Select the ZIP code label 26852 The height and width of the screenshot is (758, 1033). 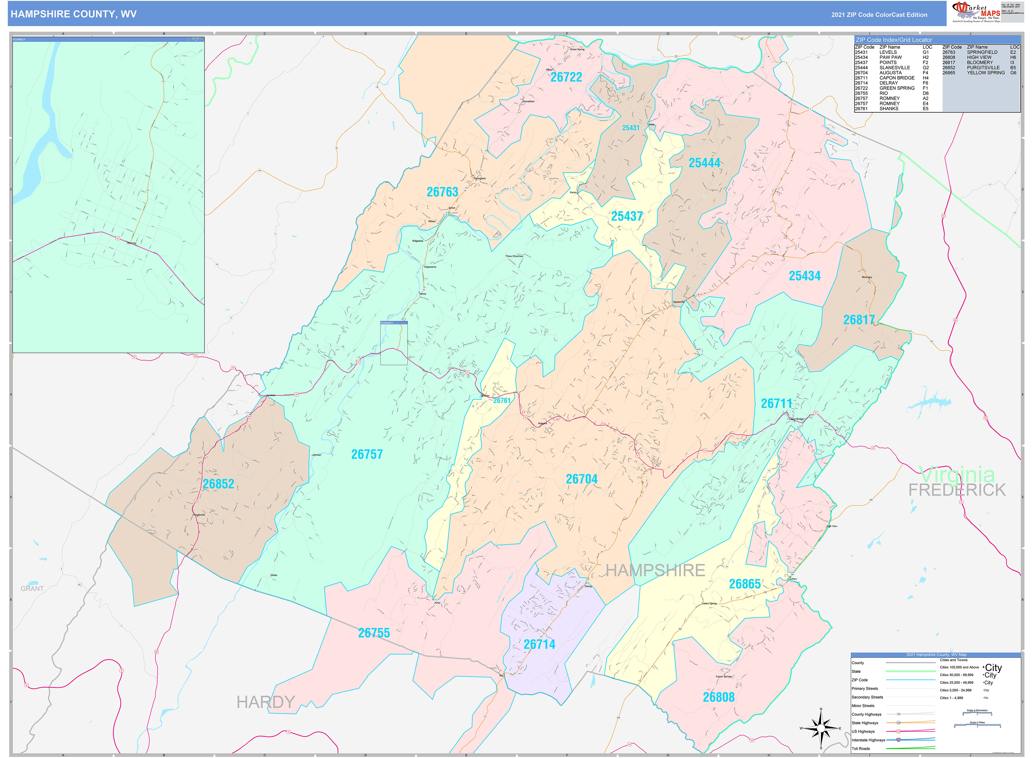coord(219,484)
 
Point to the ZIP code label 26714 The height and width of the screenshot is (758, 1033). coord(539,645)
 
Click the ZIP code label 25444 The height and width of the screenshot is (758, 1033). coord(704,163)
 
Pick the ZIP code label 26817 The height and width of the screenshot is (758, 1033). coord(859,320)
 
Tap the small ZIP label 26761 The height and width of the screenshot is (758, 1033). coord(502,401)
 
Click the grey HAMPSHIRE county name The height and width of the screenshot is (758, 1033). coord(655,570)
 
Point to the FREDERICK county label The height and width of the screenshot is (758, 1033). coord(957,490)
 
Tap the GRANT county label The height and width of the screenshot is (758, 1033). coord(32,589)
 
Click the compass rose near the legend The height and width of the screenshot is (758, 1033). coord(821,728)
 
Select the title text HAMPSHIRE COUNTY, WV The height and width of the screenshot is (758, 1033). coord(74,14)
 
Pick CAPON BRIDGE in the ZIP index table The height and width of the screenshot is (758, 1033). coord(897,78)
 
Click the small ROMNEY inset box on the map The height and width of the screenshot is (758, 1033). coord(394,343)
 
